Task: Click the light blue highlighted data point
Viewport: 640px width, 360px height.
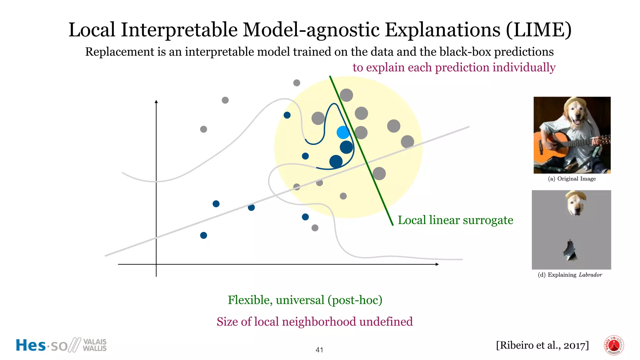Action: point(343,132)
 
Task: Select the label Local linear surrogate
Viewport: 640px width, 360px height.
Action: point(455,220)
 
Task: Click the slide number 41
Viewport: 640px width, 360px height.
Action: point(319,350)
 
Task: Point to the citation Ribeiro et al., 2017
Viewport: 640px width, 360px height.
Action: point(542,345)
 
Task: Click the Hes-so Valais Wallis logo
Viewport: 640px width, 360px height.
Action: point(61,345)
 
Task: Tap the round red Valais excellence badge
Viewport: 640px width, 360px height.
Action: point(614,345)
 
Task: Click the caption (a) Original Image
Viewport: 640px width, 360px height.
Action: point(572,179)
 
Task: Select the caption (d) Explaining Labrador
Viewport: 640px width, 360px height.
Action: point(570,275)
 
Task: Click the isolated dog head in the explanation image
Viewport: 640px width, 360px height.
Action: point(576,203)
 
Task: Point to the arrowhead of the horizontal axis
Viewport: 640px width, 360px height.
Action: point(437,264)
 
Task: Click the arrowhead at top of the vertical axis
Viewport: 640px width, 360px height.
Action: point(156,102)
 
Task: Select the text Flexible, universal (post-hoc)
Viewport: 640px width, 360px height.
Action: point(305,300)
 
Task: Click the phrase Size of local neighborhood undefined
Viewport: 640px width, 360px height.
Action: point(315,322)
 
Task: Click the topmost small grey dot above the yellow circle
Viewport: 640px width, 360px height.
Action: point(297,83)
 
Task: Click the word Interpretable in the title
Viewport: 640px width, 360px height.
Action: point(179,30)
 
